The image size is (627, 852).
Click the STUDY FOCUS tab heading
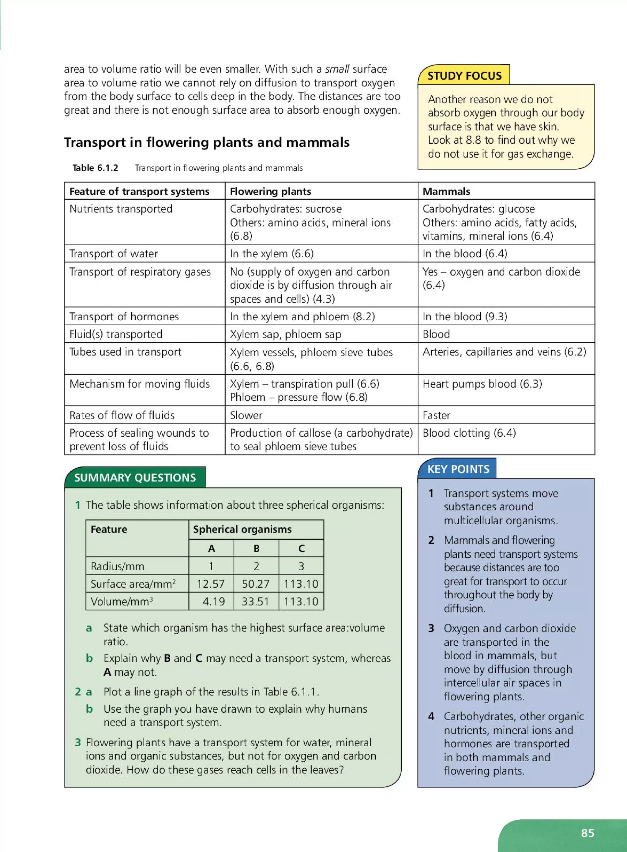click(x=464, y=76)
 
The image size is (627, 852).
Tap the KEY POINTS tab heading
click(x=458, y=469)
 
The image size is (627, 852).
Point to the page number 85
click(x=588, y=833)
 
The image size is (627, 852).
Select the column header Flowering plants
click(x=270, y=191)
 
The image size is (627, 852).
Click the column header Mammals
click(x=446, y=191)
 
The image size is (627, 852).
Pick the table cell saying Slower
click(x=246, y=415)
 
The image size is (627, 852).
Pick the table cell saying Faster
click(x=437, y=415)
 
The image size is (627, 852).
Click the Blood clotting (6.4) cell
click(x=469, y=433)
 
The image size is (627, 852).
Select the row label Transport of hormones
click(x=124, y=316)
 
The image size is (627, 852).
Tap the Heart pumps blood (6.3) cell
click(x=482, y=383)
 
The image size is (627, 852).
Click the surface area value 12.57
click(x=211, y=583)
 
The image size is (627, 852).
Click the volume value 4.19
click(x=214, y=601)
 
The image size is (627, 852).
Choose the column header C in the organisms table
click(x=301, y=548)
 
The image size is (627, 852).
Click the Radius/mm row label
click(x=117, y=566)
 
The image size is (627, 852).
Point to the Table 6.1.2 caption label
click(x=95, y=168)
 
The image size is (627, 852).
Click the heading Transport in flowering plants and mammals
click(x=207, y=142)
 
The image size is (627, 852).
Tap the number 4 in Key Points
click(x=431, y=716)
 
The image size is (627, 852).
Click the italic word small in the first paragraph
click(x=337, y=69)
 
